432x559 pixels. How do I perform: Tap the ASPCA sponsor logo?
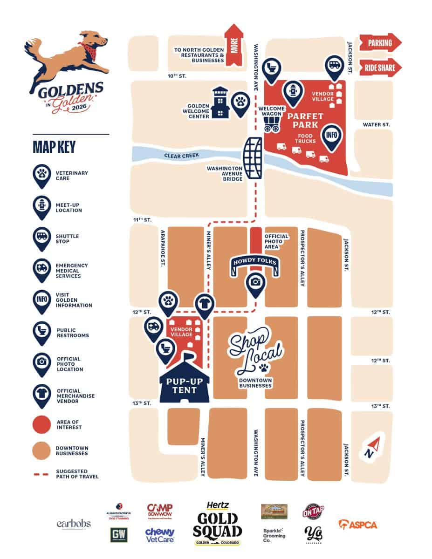point(357,525)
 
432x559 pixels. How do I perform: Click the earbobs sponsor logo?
point(74,524)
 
